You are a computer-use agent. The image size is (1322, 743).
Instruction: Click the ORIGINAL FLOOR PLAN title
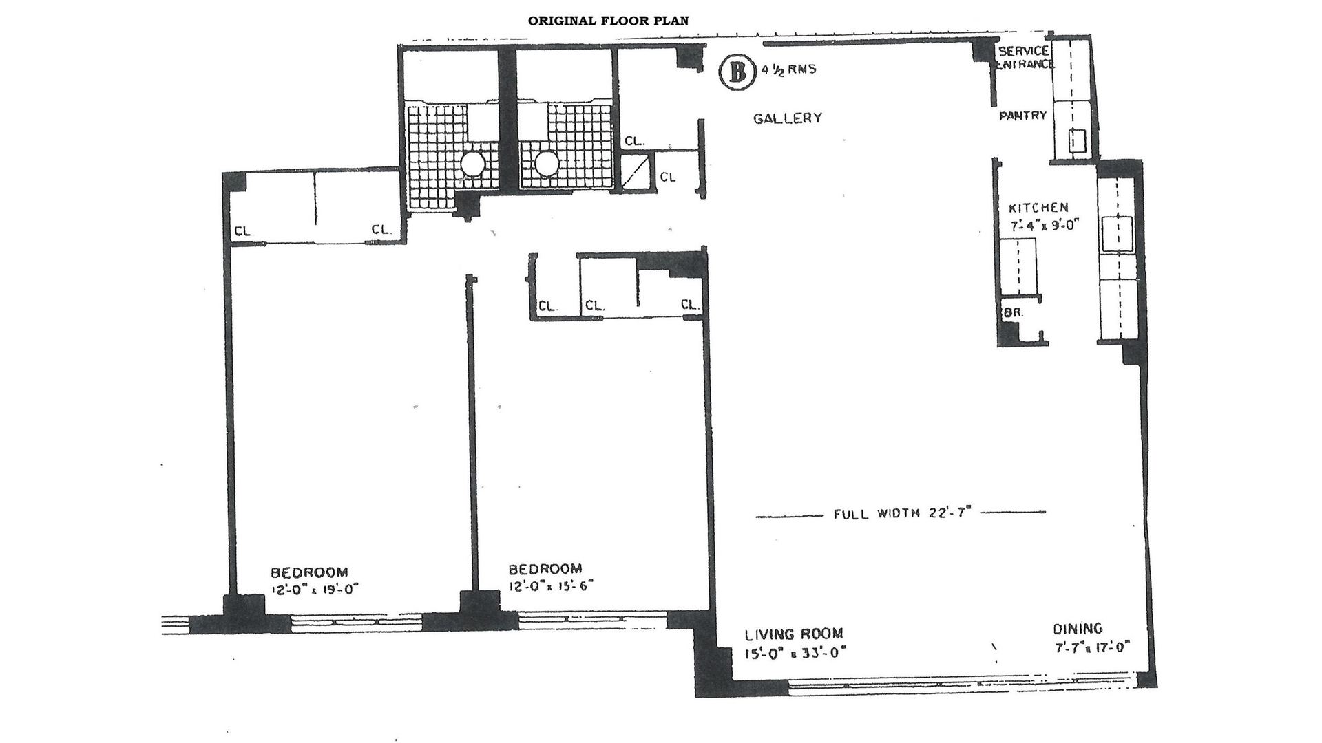pyautogui.click(x=608, y=21)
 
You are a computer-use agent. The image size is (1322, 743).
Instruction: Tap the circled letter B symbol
pyautogui.click(x=735, y=73)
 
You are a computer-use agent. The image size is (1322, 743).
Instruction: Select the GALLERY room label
pyautogui.click(x=787, y=118)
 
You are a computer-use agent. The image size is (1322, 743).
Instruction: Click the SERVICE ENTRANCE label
pyautogui.click(x=1025, y=58)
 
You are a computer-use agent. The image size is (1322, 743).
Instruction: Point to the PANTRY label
pyautogui.click(x=1022, y=116)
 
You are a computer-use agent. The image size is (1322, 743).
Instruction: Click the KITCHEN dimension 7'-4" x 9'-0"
pyautogui.click(x=1042, y=225)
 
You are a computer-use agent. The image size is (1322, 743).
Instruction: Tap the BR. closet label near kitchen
pyautogui.click(x=1014, y=312)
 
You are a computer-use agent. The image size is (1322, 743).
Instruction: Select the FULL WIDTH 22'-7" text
pyautogui.click(x=901, y=513)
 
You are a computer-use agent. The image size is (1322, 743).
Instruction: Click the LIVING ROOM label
pyautogui.click(x=794, y=634)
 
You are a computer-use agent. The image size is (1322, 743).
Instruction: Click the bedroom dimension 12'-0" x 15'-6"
pyautogui.click(x=550, y=586)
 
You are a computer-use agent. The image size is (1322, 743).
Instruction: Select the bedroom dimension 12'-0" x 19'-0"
pyautogui.click(x=315, y=590)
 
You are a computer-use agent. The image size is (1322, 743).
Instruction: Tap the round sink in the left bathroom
pyautogui.click(x=472, y=164)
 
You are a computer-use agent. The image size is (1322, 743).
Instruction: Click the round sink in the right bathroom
pyautogui.click(x=547, y=164)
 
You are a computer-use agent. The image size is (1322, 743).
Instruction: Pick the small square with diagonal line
pyautogui.click(x=636, y=172)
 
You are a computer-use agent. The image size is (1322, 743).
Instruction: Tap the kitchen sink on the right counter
pyautogui.click(x=1117, y=233)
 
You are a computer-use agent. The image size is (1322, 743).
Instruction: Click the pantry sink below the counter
pyautogui.click(x=1076, y=142)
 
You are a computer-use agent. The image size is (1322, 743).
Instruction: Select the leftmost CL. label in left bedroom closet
pyautogui.click(x=242, y=231)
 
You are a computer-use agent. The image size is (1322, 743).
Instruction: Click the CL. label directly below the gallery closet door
pyautogui.click(x=667, y=177)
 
